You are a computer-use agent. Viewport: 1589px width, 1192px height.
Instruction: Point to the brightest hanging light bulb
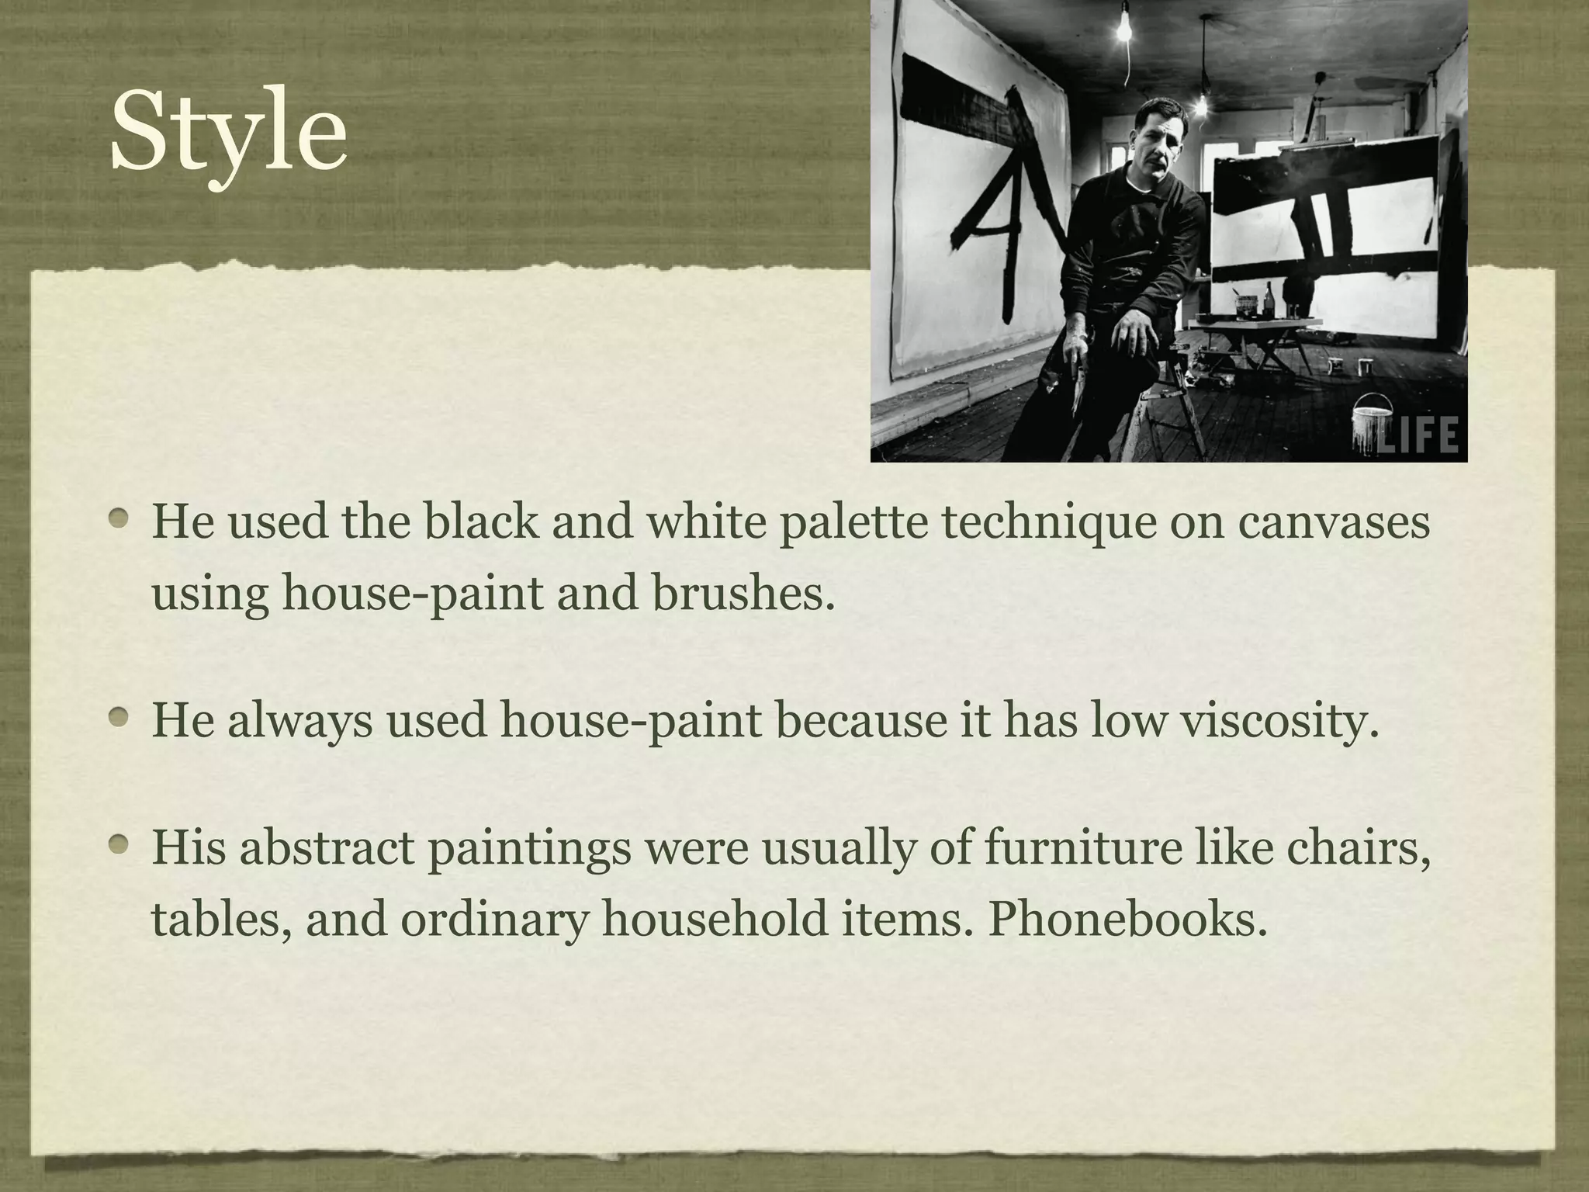(x=1123, y=31)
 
